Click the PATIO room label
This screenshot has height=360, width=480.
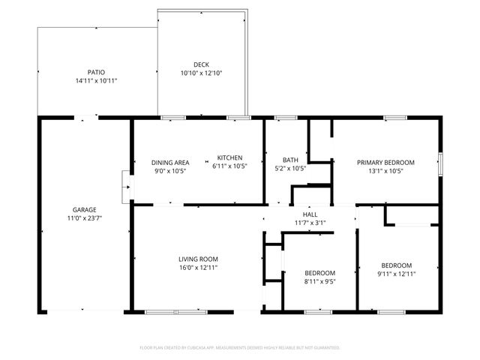tap(96, 72)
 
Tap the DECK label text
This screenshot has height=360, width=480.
tap(201, 64)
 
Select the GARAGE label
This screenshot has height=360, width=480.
tap(84, 209)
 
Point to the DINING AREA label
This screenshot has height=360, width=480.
tap(170, 163)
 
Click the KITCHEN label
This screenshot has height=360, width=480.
tap(229, 157)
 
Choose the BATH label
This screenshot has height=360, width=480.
tap(290, 160)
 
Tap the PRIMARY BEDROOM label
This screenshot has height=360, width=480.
tap(385, 163)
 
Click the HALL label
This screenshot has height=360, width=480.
tap(309, 214)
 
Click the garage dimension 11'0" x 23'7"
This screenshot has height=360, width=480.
tap(84, 218)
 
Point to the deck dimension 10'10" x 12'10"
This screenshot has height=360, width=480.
tap(201, 73)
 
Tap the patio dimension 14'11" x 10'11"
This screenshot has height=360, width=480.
tap(96, 81)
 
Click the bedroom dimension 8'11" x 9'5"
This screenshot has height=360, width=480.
tap(319, 281)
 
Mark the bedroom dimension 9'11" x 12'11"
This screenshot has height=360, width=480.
tap(396, 274)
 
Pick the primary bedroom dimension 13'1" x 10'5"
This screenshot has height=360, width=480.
tap(385, 171)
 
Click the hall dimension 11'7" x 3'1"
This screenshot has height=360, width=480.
tap(309, 223)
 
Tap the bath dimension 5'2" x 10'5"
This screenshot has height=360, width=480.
tap(290, 169)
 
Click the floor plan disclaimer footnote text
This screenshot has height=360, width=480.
tap(240, 348)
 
